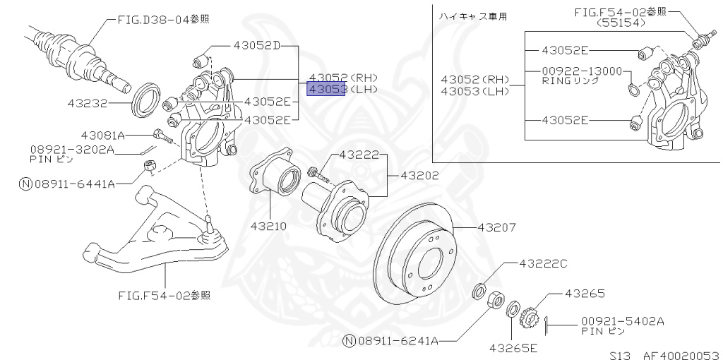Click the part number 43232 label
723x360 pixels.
pyautogui.click(x=87, y=103)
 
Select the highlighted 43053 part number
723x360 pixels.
pyautogui.click(x=325, y=90)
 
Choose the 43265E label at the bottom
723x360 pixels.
pyautogui.click(x=513, y=348)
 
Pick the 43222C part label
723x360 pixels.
pyautogui.click(x=543, y=263)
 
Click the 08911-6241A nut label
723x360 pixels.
pyautogui.click(x=399, y=341)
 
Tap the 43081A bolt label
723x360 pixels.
pyautogui.click(x=102, y=135)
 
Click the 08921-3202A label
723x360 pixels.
pyautogui.click(x=71, y=150)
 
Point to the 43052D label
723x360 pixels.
pyautogui.click(x=256, y=46)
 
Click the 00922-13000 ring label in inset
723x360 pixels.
pyautogui.click(x=582, y=71)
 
